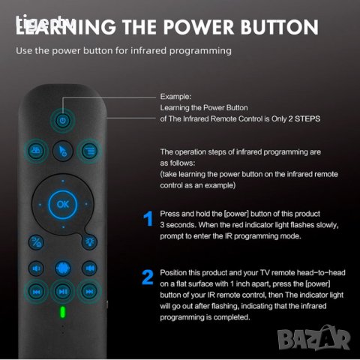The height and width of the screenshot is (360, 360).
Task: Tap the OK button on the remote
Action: (x=62, y=203)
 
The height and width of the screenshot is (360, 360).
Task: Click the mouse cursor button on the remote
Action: (x=63, y=149)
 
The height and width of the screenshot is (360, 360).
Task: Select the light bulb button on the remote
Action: (x=90, y=241)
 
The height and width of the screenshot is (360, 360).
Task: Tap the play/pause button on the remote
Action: (x=63, y=291)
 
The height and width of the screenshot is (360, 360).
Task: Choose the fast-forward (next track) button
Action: (x=89, y=291)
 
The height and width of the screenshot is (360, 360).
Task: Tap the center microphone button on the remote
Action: (x=63, y=268)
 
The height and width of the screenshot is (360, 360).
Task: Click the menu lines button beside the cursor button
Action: (x=89, y=149)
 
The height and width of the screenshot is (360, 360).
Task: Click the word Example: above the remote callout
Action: (x=176, y=97)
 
